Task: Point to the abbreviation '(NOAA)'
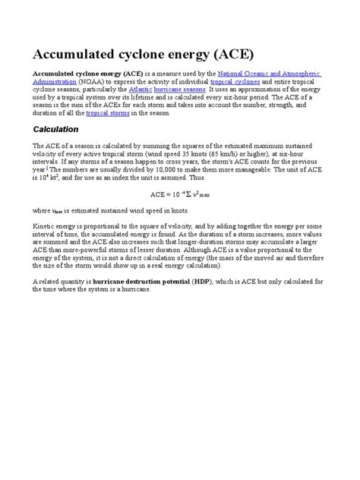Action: click(x=93, y=81)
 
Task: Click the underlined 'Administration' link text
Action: click(x=54, y=81)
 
